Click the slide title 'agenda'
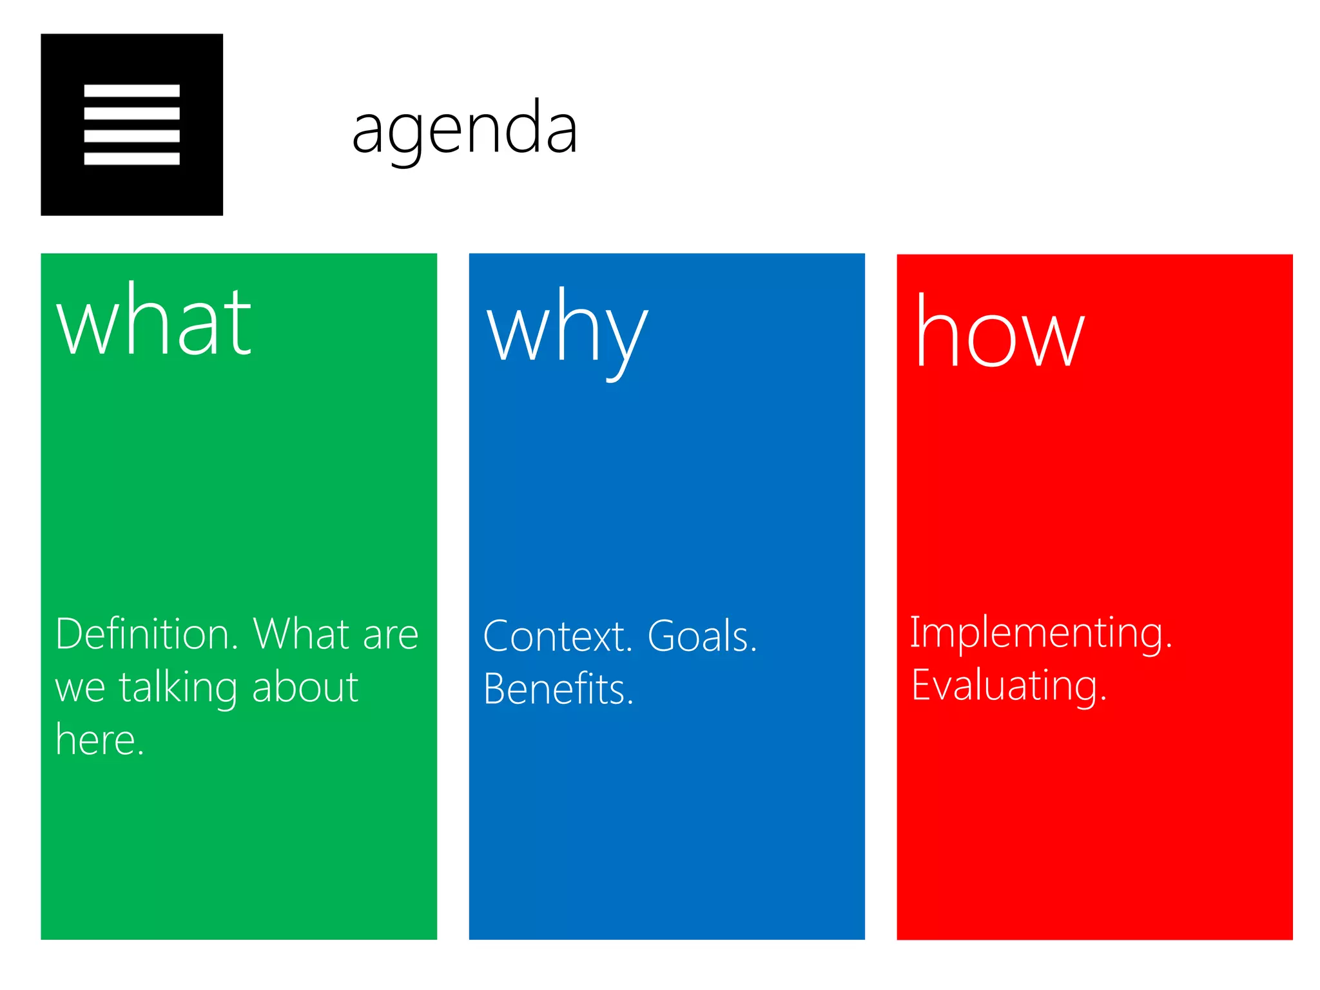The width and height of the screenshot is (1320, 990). (464, 129)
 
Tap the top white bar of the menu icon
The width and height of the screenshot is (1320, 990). (131, 91)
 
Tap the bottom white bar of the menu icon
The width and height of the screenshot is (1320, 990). (131, 159)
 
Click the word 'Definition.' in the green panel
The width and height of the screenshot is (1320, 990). (147, 634)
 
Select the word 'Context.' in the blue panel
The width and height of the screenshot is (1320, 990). (558, 637)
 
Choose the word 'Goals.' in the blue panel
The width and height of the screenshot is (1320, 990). (702, 637)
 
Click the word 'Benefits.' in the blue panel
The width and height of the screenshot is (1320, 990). (558, 689)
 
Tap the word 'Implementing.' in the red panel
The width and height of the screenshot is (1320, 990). (1040, 633)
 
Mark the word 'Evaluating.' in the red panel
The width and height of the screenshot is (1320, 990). (1009, 686)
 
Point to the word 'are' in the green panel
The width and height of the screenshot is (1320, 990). (391, 636)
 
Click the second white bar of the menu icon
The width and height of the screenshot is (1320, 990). (131, 113)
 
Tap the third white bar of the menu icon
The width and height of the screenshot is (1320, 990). (131, 136)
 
